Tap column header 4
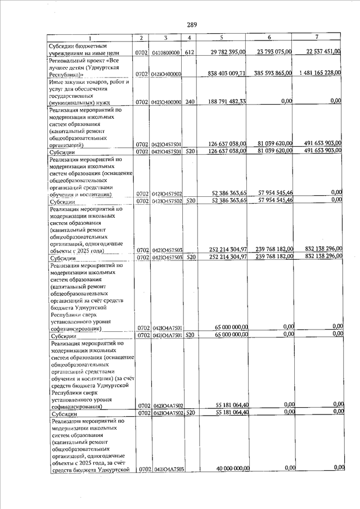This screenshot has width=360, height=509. (x=190, y=38)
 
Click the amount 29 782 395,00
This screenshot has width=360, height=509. (x=224, y=52)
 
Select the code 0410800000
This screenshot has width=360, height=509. (x=165, y=53)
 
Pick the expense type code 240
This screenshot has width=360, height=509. (x=190, y=102)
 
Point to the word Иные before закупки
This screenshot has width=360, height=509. (x=57, y=82)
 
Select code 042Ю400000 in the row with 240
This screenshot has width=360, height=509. (x=165, y=102)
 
